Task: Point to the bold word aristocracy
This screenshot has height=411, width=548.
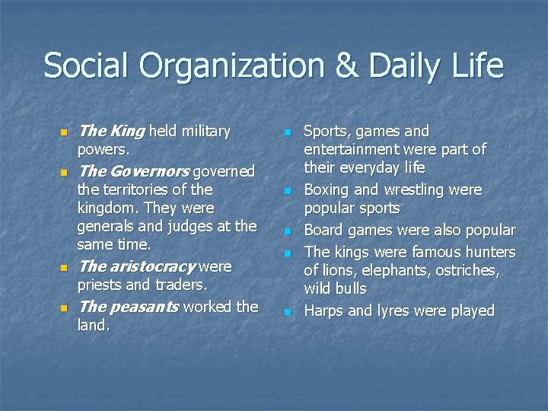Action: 153,266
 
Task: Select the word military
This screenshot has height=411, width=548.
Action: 205,131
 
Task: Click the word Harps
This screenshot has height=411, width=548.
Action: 325,311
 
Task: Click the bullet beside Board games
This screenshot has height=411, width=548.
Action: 288,231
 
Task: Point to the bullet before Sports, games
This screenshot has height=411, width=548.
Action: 288,133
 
